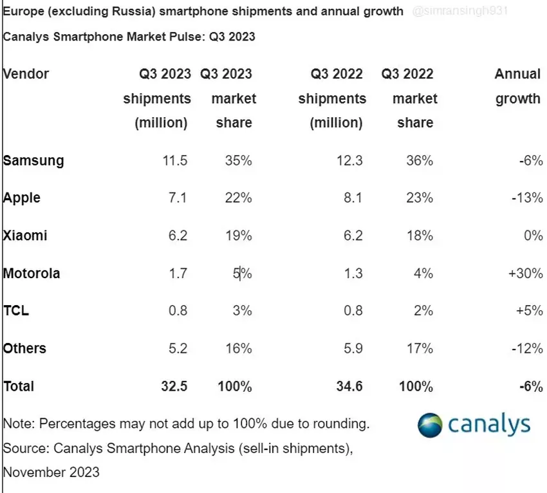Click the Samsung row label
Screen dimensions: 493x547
(x=33, y=160)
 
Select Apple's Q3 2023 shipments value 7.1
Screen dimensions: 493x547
(x=175, y=198)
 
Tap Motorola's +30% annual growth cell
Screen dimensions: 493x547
(x=525, y=274)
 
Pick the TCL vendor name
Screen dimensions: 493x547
(x=16, y=311)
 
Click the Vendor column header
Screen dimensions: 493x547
(x=26, y=74)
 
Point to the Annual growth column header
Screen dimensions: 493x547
(x=517, y=86)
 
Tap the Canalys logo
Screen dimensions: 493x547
(x=474, y=424)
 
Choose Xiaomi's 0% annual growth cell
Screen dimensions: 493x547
(x=533, y=236)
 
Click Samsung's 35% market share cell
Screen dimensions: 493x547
(x=238, y=160)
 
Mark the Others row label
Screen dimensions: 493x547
(x=25, y=349)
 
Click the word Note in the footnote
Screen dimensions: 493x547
(x=19, y=423)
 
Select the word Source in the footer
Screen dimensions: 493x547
(x=25, y=447)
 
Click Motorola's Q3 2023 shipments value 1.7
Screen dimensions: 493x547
(x=175, y=274)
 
